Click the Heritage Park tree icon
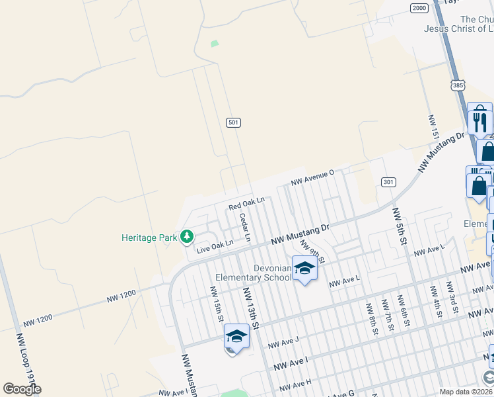[187, 236]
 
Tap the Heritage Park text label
[151, 237]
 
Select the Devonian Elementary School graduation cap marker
[304, 269]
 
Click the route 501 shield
[232, 122]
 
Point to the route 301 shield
[388, 182]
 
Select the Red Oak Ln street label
[246, 203]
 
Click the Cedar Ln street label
[246, 226]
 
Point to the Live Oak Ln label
[215, 246]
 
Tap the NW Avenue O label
[313, 177]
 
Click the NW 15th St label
[216, 304]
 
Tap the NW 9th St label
[311, 251]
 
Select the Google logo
[22, 388]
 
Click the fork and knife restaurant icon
[481, 122]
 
